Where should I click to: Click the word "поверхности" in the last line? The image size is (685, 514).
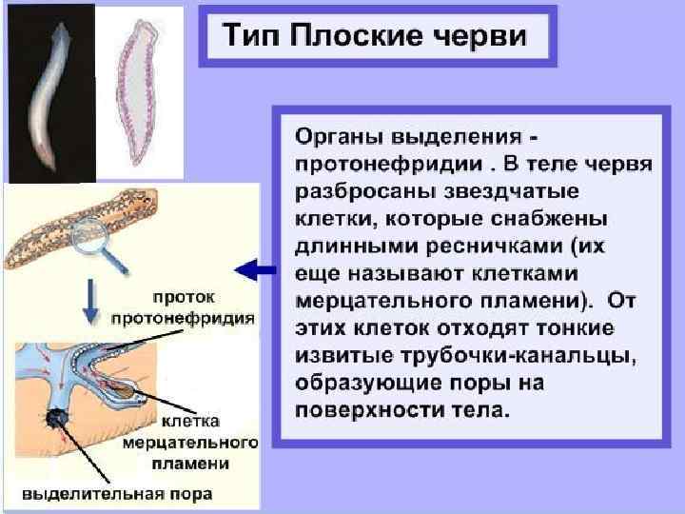click(365, 412)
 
